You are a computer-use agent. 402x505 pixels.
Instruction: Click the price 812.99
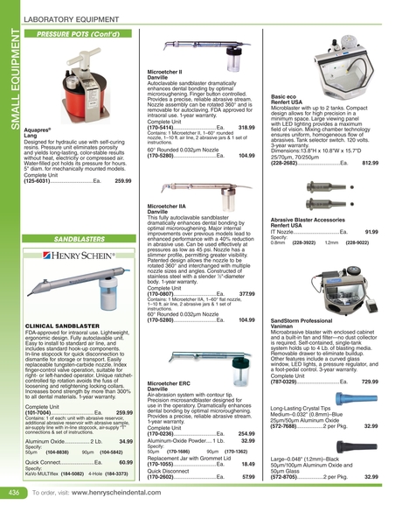370,163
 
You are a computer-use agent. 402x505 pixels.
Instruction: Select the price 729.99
370,358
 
